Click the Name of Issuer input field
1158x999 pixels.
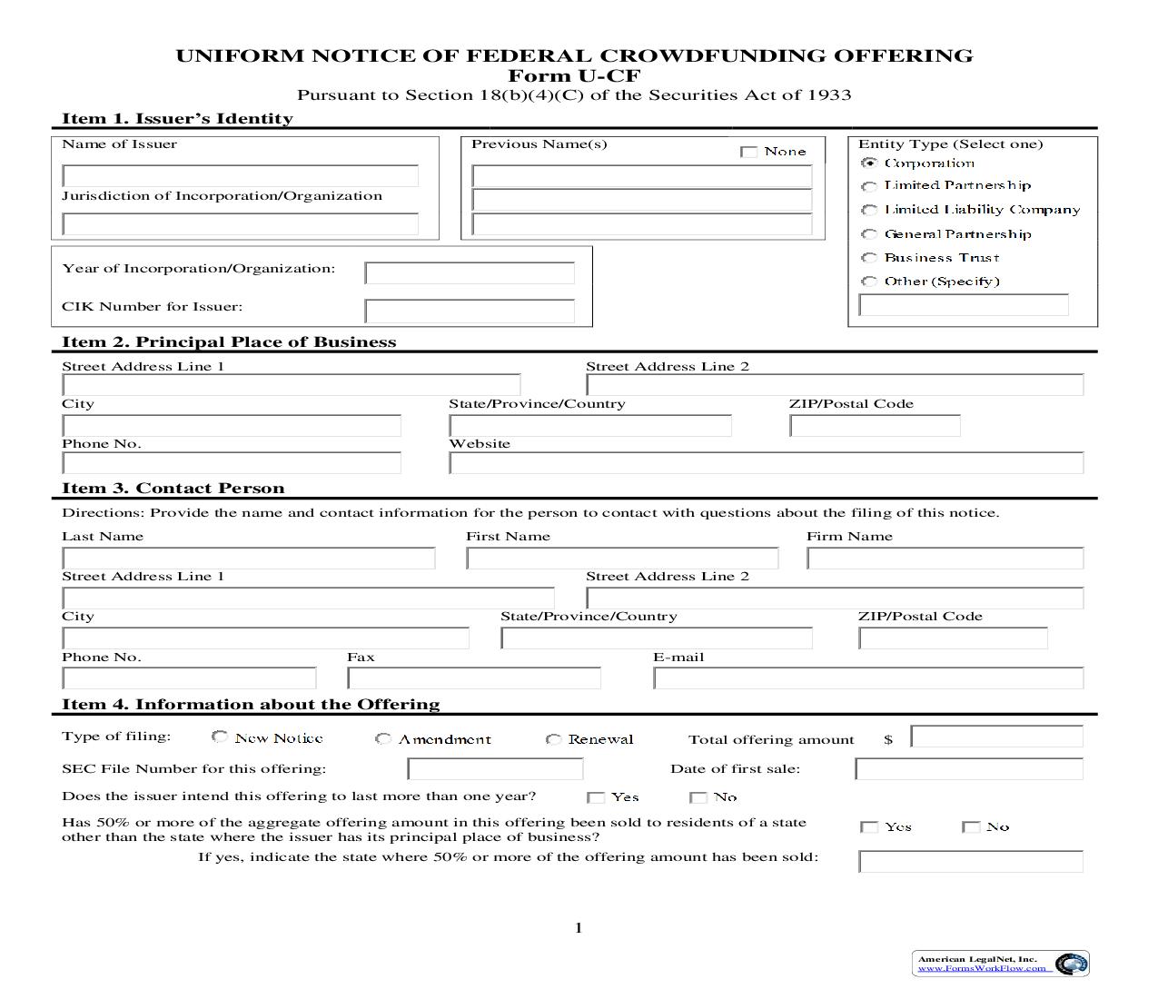[240, 175]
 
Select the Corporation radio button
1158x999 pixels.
[869, 163]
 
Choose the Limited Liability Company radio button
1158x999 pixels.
[869, 210]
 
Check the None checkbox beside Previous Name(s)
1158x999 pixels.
[749, 152]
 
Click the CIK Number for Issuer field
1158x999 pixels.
[470, 312]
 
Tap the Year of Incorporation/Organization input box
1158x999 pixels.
[470, 272]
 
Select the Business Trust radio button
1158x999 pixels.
[869, 258]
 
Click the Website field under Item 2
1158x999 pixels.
[766, 463]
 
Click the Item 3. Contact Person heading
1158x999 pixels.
[173, 489]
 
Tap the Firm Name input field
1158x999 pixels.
[945, 558]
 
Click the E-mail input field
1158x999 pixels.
[867, 678]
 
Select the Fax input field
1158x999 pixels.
[473, 678]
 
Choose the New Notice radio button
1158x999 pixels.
[220, 737]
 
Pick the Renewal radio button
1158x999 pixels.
[553, 739]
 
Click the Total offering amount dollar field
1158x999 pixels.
[996, 737]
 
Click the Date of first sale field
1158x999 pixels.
[968, 769]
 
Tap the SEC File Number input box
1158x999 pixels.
[495, 769]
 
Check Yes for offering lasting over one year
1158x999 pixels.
[596, 797]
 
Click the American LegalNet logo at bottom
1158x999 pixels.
[1000, 964]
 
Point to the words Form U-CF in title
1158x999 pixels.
[574, 75]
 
